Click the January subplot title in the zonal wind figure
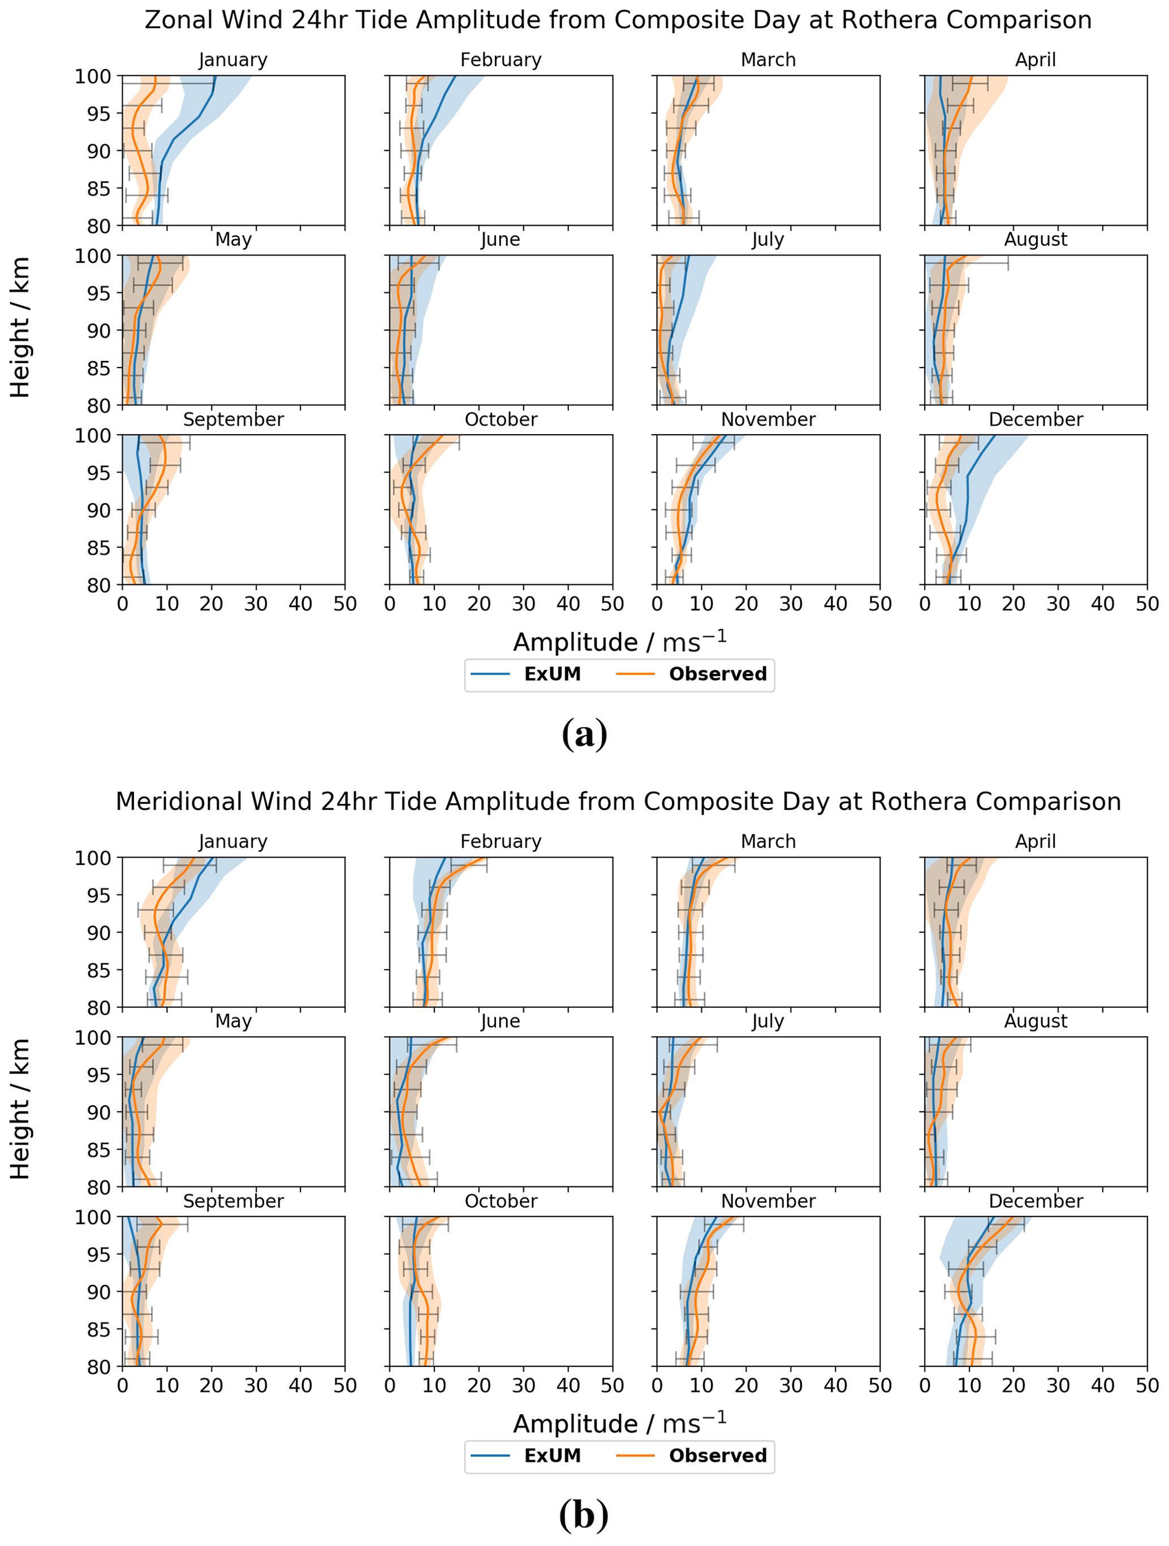tap(233, 60)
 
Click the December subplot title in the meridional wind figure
tap(1036, 1201)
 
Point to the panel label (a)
tap(584, 734)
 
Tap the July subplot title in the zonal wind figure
tap(767, 240)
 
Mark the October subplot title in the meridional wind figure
tap(501, 1201)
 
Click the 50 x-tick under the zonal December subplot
tap(1146, 604)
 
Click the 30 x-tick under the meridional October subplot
tap(523, 1385)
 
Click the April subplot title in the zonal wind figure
tap(1036, 60)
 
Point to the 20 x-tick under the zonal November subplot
tap(746, 604)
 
